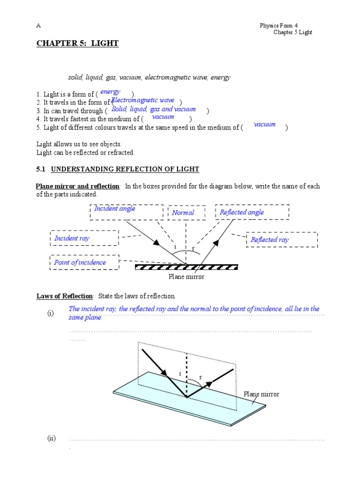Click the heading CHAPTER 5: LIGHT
coord(77,44)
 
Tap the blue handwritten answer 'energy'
coord(110,92)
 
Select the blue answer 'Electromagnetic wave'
coord(142,100)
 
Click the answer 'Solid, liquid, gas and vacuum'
coord(154,109)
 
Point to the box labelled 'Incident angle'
coord(127,212)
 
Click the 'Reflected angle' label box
coord(252,212)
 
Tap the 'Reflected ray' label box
coord(281,240)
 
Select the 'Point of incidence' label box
coord(84,262)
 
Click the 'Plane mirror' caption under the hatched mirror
coord(187,277)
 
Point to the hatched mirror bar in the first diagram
coord(186,267)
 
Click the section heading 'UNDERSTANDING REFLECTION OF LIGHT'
coord(125,169)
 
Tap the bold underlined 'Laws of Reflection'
coord(65,296)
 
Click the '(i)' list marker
coord(51,314)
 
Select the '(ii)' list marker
coord(51,439)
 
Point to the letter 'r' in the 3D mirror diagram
coord(201,377)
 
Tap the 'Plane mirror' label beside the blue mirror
coord(261,394)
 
